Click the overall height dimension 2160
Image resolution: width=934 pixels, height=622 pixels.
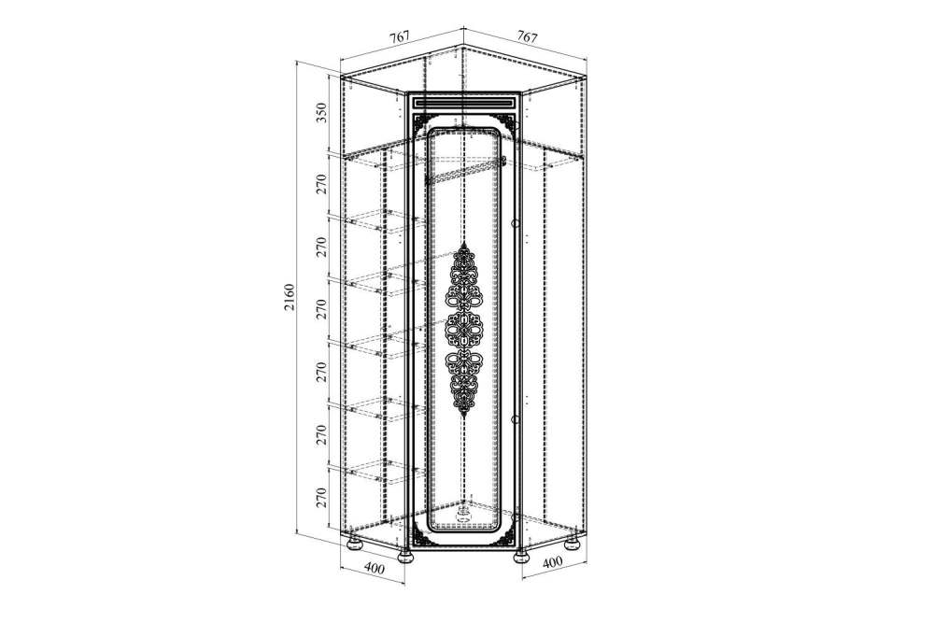[290, 298]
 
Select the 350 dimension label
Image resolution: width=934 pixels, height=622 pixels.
[321, 113]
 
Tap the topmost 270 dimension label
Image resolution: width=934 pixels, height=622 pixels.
[321, 184]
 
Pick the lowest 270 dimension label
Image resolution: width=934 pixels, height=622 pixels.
[321, 498]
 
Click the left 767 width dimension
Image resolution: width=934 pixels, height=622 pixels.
[400, 36]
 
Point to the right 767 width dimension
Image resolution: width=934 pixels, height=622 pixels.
[527, 36]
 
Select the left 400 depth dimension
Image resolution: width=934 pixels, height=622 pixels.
[374, 568]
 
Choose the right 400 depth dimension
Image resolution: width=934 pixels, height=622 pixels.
[553, 561]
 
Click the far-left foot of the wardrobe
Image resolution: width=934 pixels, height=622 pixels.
[353, 544]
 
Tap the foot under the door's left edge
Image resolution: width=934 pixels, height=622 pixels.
[406, 557]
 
